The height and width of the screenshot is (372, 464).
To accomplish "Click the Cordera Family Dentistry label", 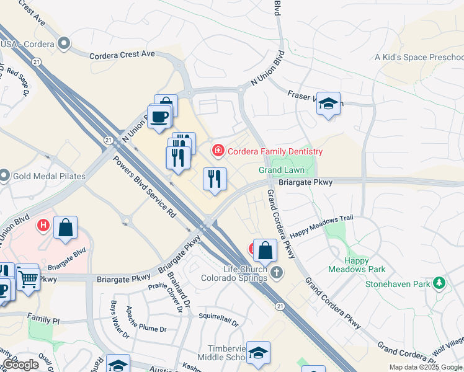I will pos(275,151).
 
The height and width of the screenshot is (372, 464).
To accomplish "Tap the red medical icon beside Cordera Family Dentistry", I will pos(218,151).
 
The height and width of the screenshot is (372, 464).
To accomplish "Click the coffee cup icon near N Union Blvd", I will pos(159,117).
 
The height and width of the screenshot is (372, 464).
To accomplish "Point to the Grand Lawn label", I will pos(281,170).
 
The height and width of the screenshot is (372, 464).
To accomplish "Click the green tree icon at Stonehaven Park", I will pos(440,283).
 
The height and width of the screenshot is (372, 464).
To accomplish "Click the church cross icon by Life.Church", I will pos(277,272).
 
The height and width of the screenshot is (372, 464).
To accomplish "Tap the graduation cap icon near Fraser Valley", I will pos(328,104).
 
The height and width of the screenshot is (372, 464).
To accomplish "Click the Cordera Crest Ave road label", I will pos(122,54).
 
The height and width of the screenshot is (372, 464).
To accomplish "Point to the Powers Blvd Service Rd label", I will pos(143,185).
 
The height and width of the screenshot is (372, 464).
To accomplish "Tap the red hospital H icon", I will pos(44,225).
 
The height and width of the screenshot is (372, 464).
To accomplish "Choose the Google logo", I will pos(20,364).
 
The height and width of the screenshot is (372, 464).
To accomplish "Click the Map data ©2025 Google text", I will pos(425,367).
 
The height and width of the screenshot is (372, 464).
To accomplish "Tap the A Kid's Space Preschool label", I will pos(418,58).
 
